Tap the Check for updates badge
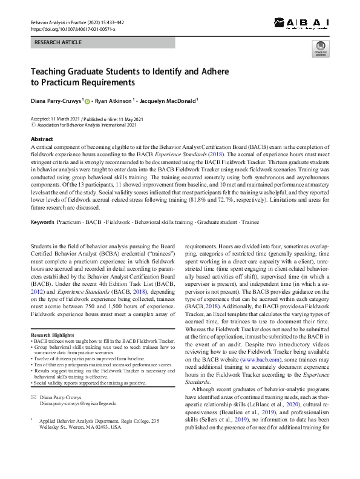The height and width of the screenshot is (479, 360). (x=319, y=50)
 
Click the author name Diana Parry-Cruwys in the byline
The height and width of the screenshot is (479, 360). (x=56, y=101)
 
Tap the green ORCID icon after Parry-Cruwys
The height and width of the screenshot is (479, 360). (x=87, y=102)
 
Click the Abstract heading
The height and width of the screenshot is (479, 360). (x=42, y=139)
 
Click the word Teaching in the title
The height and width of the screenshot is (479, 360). (x=51, y=71)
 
